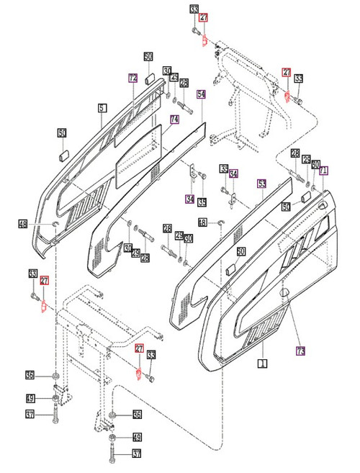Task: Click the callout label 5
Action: (102, 108)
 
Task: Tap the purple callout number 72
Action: (132, 78)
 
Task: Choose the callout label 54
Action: (201, 95)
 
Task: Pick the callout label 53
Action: (261, 184)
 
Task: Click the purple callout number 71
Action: (323, 171)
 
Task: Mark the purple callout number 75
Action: (300, 351)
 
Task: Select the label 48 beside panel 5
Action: (23, 225)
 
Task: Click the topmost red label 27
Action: (203, 18)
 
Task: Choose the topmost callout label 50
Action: (148, 57)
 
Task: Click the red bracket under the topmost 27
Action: (204, 41)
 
